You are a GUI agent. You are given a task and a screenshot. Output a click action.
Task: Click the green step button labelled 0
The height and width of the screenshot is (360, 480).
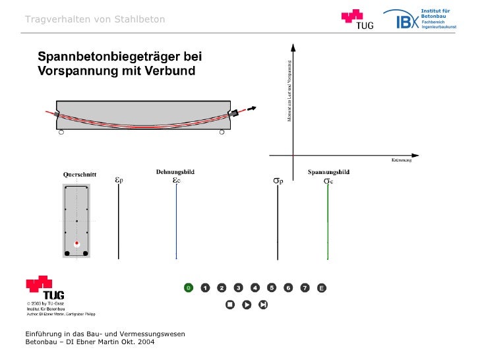click(x=189, y=287)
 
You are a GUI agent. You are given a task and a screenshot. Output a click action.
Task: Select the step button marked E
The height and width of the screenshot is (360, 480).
click(x=322, y=287)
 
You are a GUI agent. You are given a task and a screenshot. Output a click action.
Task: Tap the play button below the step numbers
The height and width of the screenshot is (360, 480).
click(x=247, y=305)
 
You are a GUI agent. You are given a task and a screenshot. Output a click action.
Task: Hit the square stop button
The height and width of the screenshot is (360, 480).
click(x=230, y=305)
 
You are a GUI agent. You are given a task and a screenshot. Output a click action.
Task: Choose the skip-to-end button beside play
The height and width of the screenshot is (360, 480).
click(x=263, y=305)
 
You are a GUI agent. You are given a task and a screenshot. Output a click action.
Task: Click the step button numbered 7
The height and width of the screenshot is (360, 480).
click(x=305, y=287)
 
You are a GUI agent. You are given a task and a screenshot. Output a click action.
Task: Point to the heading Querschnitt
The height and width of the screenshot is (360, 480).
click(x=80, y=175)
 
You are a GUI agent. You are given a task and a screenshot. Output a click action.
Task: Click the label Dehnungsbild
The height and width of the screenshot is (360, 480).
click(x=175, y=171)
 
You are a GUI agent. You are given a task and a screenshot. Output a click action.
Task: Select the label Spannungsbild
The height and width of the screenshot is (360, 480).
click(x=328, y=172)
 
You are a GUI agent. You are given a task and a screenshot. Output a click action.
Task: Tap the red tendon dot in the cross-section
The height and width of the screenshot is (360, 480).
click(x=76, y=244)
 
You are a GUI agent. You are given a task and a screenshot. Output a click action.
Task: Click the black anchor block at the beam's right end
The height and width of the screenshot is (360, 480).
click(x=233, y=113)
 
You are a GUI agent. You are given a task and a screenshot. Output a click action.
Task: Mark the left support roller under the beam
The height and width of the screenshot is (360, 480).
click(x=61, y=133)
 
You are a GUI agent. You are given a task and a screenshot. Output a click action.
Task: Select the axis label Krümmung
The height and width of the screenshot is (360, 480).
click(x=402, y=160)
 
